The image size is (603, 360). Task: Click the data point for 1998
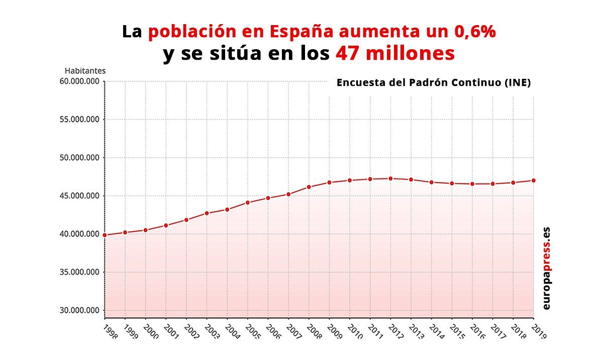click(x=105, y=235)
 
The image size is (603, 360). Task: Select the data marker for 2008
click(x=309, y=187)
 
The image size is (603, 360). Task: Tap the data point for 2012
click(x=390, y=178)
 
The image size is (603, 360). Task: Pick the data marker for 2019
click(x=533, y=180)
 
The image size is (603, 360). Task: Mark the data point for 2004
click(x=227, y=209)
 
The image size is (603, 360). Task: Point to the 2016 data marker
click(x=472, y=184)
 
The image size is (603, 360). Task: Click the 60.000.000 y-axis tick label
click(x=78, y=81)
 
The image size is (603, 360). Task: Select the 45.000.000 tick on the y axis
click(x=78, y=196)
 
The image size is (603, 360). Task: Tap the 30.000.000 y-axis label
click(x=78, y=310)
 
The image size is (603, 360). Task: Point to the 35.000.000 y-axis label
click(x=78, y=272)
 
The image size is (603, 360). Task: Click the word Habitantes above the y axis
click(x=85, y=71)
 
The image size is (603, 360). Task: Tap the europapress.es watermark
click(x=546, y=269)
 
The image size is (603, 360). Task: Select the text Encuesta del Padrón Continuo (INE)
click(x=433, y=83)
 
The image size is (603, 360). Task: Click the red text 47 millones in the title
click(x=395, y=54)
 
